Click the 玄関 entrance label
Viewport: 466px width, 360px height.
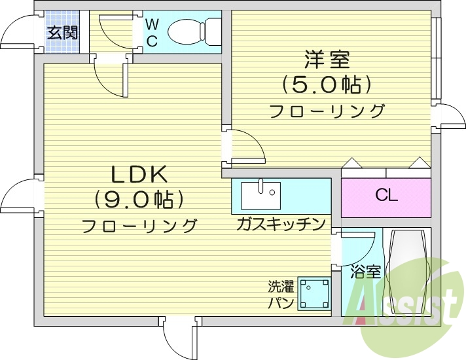62,31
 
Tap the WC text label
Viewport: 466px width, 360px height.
151,33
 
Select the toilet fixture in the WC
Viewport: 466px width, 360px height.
194,31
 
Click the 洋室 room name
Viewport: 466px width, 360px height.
327,60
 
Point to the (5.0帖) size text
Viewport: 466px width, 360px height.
327,84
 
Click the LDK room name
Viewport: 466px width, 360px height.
139,174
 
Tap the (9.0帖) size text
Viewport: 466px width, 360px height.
139,198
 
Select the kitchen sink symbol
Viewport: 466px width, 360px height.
260,195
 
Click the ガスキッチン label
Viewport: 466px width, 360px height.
281,225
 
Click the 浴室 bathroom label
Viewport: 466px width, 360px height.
365,272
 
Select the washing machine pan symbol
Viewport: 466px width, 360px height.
314,293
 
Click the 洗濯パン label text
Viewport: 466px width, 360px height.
281,295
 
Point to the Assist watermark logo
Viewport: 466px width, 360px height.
406,301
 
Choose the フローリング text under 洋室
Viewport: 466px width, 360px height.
327,111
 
